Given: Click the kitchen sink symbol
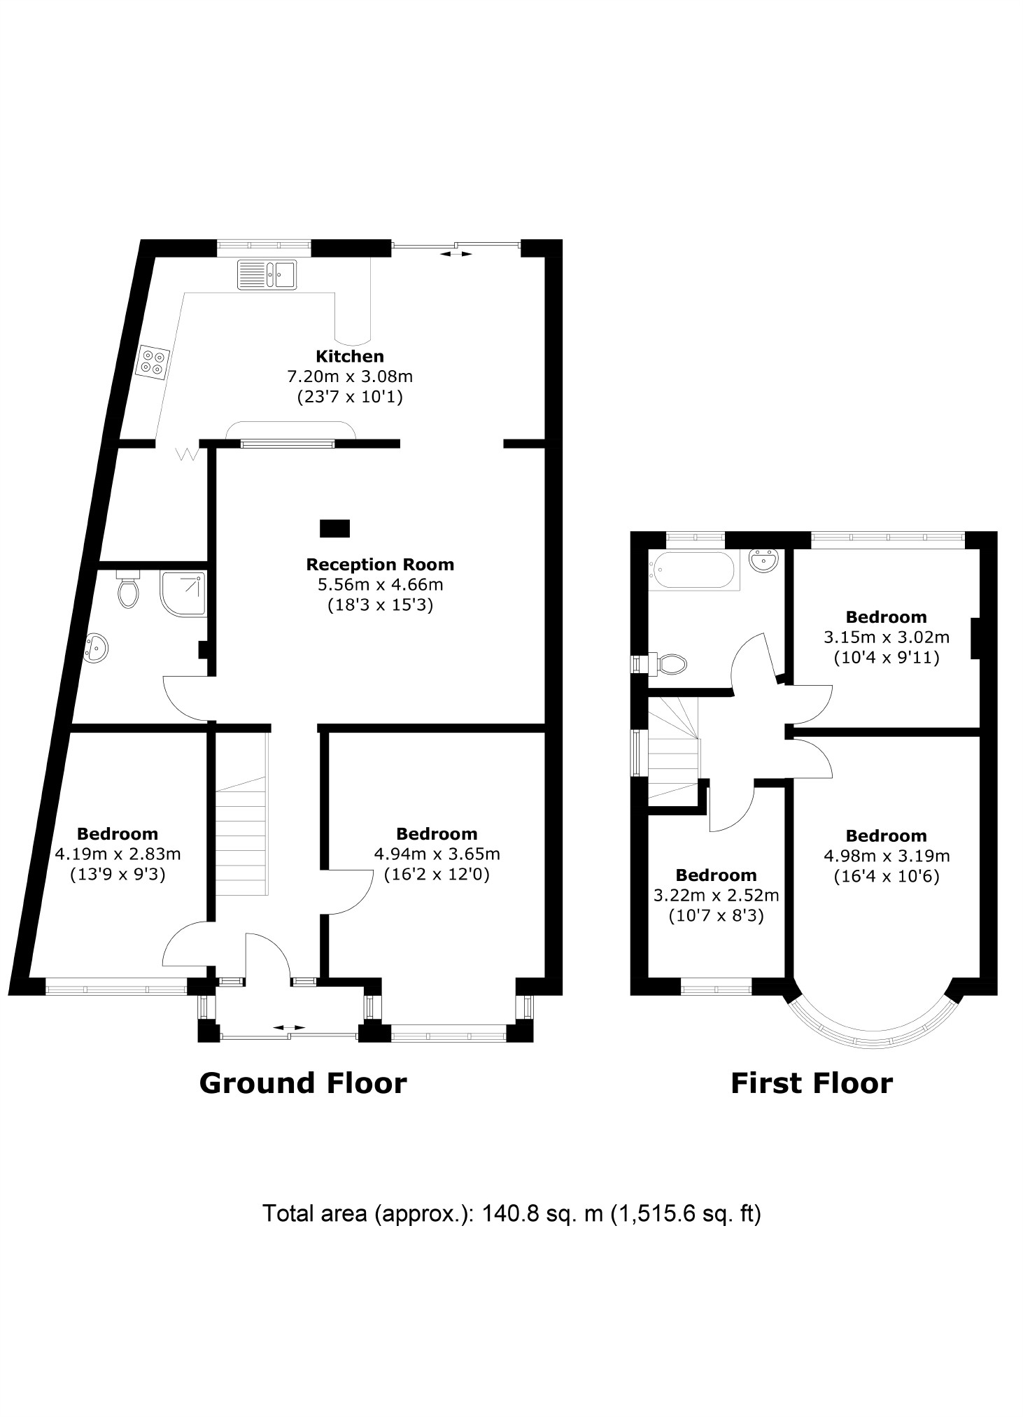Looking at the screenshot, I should [267, 274].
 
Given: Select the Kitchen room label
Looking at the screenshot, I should [349, 356].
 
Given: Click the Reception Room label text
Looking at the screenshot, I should [379, 564].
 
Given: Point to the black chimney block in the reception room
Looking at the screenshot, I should [334, 528].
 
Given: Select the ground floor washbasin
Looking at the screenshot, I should [95, 648].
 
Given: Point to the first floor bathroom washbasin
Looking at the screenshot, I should [764, 561].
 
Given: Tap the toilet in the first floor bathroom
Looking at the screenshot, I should [670, 663].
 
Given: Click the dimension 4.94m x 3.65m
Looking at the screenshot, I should [437, 854].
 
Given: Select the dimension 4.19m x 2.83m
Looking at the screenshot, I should [117, 854].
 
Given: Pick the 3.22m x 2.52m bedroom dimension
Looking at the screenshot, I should [715, 895].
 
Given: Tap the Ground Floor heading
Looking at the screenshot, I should [302, 1083].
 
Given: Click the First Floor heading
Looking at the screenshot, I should [811, 1083].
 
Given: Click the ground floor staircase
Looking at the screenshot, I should [241, 840].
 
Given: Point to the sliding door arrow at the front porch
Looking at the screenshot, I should [289, 1027].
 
